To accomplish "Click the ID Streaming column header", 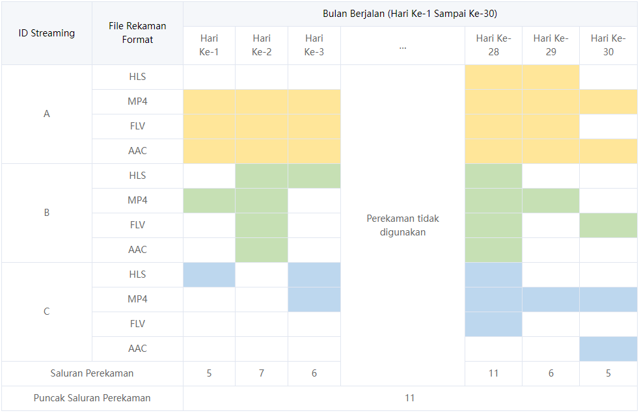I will point(46,33).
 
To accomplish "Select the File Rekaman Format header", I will point(137,33).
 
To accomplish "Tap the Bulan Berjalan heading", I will point(410,14).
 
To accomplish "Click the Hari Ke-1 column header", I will point(209,45).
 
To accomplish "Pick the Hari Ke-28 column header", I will point(493,45).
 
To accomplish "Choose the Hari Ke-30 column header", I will point(608,45).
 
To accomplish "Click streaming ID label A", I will point(46,114).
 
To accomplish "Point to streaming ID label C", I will point(46,312).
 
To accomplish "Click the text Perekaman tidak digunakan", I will point(403,225).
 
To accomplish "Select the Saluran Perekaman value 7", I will point(261,373).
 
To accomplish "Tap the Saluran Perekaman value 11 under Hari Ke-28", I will point(493,373).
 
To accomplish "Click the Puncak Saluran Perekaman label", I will point(92,398).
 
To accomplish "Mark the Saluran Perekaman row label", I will point(92,373).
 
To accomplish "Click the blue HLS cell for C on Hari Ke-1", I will point(209,274).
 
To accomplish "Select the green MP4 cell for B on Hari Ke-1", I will point(209,200).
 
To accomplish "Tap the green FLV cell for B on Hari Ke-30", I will point(608,225).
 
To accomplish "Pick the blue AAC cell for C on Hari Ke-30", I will point(608,349).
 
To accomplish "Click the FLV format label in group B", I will point(137,225).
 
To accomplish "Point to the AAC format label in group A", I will point(137,151).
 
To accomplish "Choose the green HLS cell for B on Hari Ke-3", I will point(314,176).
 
